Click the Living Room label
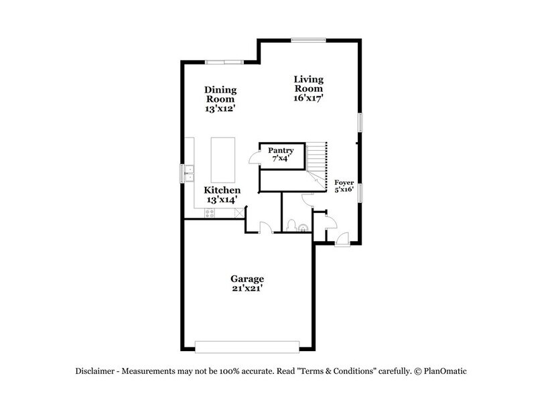tap(308, 84)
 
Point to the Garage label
tap(247, 278)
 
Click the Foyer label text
tap(344, 182)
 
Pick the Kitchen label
tap(222, 190)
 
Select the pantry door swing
tap(253, 157)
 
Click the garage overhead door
tap(248, 346)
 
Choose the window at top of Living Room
tap(309, 40)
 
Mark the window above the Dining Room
tap(223, 62)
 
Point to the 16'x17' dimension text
tap(309, 98)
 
